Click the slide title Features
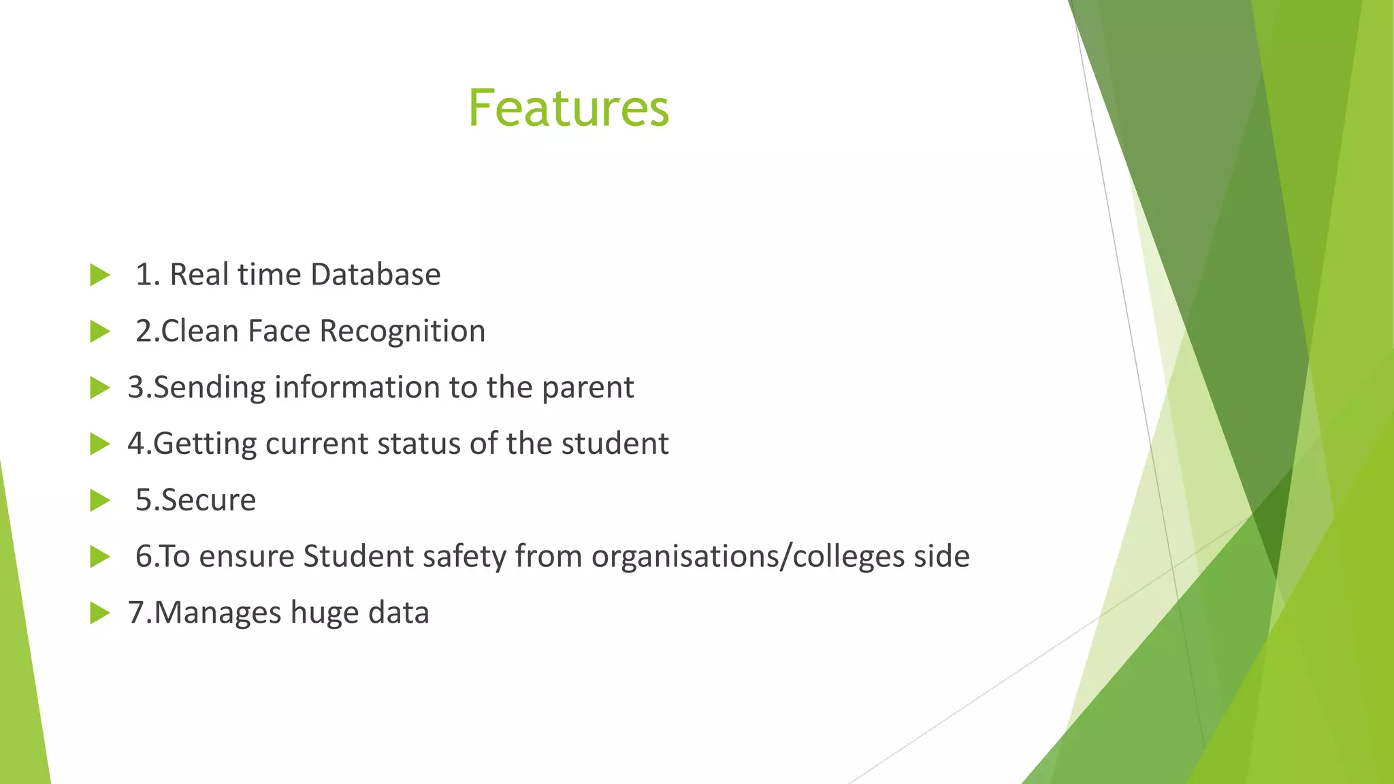point(568,109)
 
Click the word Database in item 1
point(375,275)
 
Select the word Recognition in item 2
point(402,331)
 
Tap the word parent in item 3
point(588,388)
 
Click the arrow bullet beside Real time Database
point(99,276)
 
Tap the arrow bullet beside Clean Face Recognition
point(99,332)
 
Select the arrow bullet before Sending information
point(99,388)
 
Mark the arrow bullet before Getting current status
point(99,444)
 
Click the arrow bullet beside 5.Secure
point(99,501)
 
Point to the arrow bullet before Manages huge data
point(99,613)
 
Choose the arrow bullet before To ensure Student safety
point(99,557)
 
